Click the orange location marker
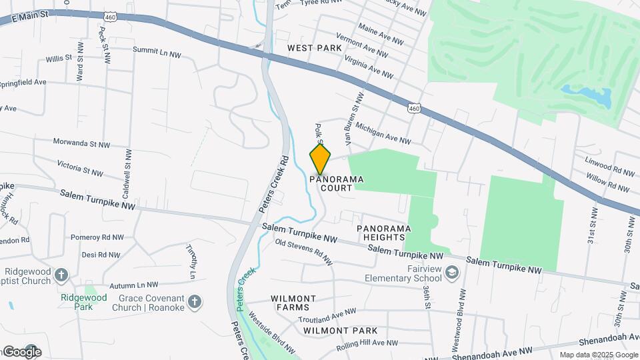(x=320, y=159)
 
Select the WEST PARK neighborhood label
(x=315, y=48)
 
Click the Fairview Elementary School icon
(x=452, y=272)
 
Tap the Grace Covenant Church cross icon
(x=195, y=302)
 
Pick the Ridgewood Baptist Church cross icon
(x=61, y=275)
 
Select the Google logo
(x=21, y=351)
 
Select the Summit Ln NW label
(x=157, y=52)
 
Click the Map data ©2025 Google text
(x=597, y=355)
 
